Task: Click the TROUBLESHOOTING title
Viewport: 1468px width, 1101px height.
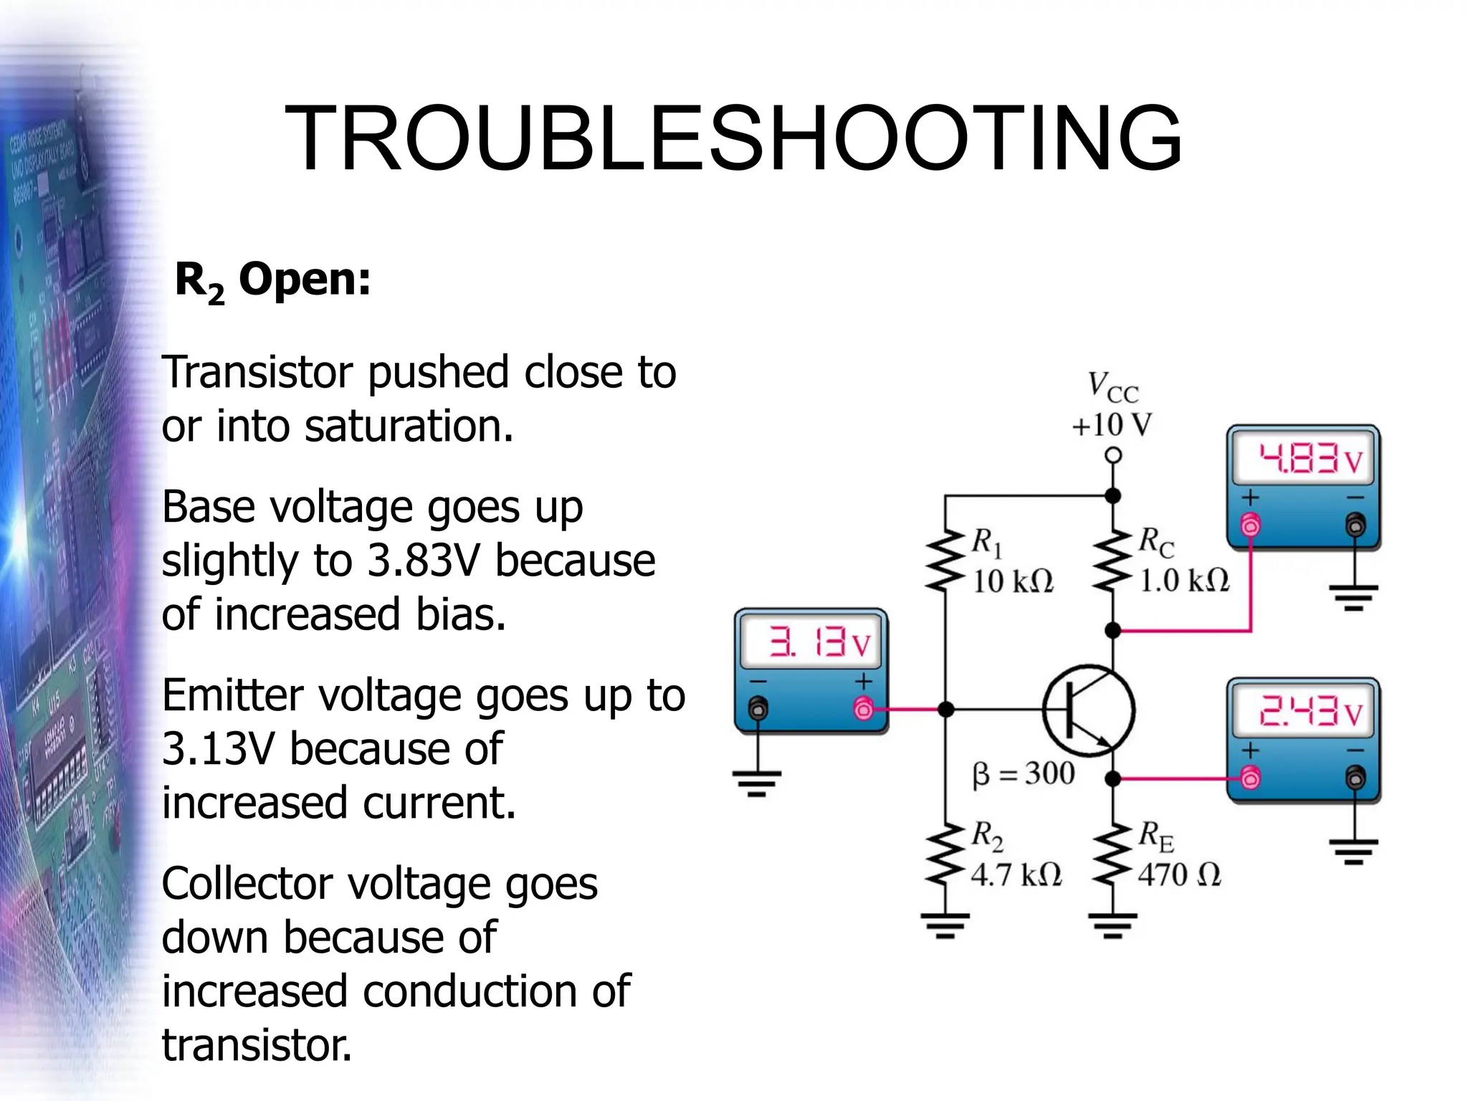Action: pyautogui.click(x=733, y=138)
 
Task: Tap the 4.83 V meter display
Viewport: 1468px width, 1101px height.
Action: pyautogui.click(x=1303, y=459)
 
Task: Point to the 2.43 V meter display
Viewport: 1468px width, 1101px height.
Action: pyautogui.click(x=1303, y=712)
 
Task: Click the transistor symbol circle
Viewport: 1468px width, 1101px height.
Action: pyautogui.click(x=1088, y=710)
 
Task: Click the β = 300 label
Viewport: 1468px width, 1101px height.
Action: pyautogui.click(x=1023, y=773)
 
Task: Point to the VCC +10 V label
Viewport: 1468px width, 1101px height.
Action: pyautogui.click(x=1112, y=404)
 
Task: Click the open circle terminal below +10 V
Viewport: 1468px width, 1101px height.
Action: pyautogui.click(x=1112, y=455)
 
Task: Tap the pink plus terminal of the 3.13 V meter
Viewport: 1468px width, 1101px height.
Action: pyautogui.click(x=864, y=710)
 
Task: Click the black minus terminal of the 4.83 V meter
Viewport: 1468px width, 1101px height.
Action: pyautogui.click(x=1355, y=525)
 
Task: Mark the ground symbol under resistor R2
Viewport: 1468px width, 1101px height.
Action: pyautogui.click(x=945, y=925)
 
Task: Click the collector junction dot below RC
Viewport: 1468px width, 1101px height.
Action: pyautogui.click(x=1112, y=631)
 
